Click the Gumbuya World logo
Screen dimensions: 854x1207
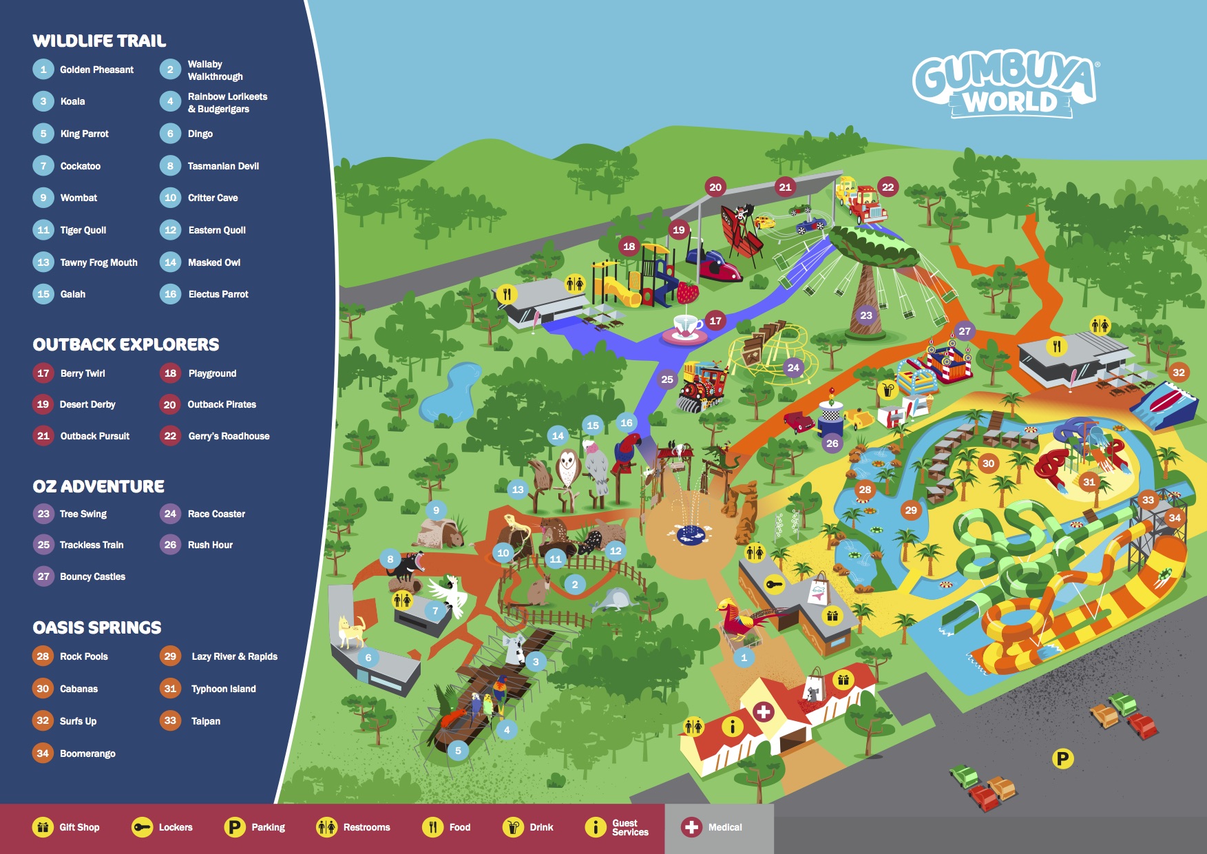click(x=1006, y=87)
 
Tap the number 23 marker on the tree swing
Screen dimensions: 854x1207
click(x=866, y=315)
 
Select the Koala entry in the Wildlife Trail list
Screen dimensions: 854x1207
click(x=72, y=101)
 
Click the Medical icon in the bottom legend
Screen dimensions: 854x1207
click(x=691, y=827)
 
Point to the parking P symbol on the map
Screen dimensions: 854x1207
click(x=1062, y=759)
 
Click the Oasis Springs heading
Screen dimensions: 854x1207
click(x=97, y=627)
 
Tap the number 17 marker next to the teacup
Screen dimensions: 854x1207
click(x=715, y=320)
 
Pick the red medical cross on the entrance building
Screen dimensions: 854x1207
click(x=763, y=711)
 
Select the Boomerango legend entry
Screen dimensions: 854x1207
click(x=87, y=753)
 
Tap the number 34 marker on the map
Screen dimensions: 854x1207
click(x=1175, y=518)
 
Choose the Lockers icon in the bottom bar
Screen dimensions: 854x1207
click(x=143, y=827)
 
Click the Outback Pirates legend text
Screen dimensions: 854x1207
click(x=222, y=404)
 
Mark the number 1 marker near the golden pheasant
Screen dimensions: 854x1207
click(x=744, y=658)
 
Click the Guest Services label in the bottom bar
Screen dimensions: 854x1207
click(x=630, y=827)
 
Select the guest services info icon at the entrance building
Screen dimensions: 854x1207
click(x=732, y=726)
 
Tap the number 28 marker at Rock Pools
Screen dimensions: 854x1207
click(x=865, y=490)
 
